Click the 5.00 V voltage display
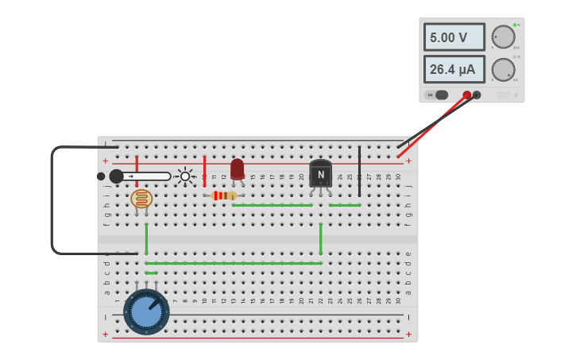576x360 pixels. [454, 37]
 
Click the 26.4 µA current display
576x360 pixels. [454, 69]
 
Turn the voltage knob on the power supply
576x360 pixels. [503, 37]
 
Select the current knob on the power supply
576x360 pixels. [503, 69]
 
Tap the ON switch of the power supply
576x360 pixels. [437, 95]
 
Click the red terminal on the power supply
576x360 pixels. [466, 95]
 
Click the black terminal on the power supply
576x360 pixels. [477, 95]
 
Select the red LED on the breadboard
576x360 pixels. [238, 168]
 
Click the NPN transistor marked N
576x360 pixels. [321, 174]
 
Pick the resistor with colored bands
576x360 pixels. [223, 195]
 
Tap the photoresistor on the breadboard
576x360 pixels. [141, 199]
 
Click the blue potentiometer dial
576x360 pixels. [146, 312]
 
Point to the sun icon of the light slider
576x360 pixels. [185, 176]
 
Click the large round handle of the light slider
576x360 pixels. [117, 176]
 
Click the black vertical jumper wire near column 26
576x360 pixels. [359, 170]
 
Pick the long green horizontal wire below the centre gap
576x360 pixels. [233, 263]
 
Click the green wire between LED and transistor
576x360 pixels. [272, 205]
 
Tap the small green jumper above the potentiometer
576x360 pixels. [151, 273]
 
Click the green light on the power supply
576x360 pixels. [515, 25]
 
